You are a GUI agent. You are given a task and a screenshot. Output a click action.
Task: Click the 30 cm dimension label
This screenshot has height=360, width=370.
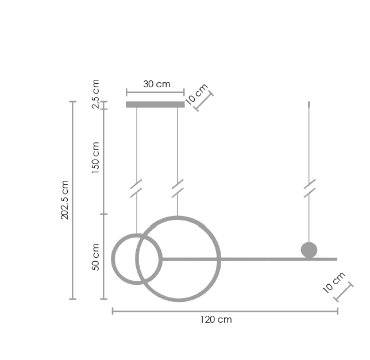(157, 84)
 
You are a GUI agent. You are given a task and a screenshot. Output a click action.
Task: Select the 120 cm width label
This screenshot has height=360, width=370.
(216, 320)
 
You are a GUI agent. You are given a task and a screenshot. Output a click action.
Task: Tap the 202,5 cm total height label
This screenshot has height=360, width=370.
(64, 200)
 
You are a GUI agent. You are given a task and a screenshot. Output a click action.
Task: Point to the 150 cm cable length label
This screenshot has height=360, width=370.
(95, 158)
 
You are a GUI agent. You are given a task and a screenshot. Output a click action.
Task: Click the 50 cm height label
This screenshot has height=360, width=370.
(95, 257)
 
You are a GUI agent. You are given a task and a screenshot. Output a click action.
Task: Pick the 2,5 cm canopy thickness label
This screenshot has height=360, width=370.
(95, 94)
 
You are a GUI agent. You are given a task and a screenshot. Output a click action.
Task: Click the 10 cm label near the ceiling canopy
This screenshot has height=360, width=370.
(196, 94)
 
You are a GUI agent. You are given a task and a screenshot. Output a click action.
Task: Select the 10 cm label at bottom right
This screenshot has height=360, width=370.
(334, 282)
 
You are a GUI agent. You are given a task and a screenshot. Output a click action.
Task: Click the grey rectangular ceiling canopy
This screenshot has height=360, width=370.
(155, 104)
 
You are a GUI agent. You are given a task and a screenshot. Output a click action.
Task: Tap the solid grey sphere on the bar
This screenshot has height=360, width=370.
(309, 250)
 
